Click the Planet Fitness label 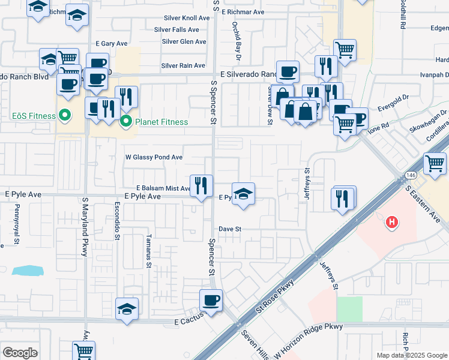click(x=161, y=122)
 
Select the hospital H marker click(x=391, y=223)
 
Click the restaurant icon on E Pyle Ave click(x=201, y=185)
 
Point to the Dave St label click(x=229, y=229)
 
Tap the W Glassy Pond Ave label click(x=153, y=157)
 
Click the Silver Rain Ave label click(x=184, y=65)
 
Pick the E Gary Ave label click(x=112, y=44)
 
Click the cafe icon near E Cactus click(x=211, y=300)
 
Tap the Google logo click(x=20, y=353)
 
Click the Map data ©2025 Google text click(x=411, y=355)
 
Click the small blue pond click(x=27, y=270)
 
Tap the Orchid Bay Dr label click(x=237, y=41)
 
